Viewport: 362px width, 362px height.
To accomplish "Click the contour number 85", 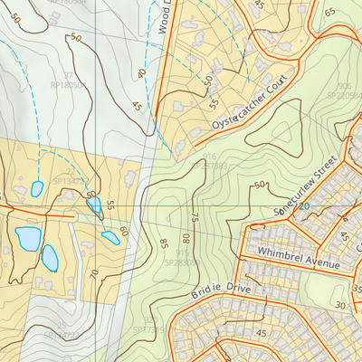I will (x=164, y=243).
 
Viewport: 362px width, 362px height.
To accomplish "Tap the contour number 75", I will (x=194, y=218).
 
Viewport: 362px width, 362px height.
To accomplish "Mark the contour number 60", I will (x=123, y=232).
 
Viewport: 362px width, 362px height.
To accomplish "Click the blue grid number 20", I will (x=304, y=206).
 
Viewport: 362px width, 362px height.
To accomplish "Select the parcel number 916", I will (x=209, y=157).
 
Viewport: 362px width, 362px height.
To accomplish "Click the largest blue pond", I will (x=27, y=239).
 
